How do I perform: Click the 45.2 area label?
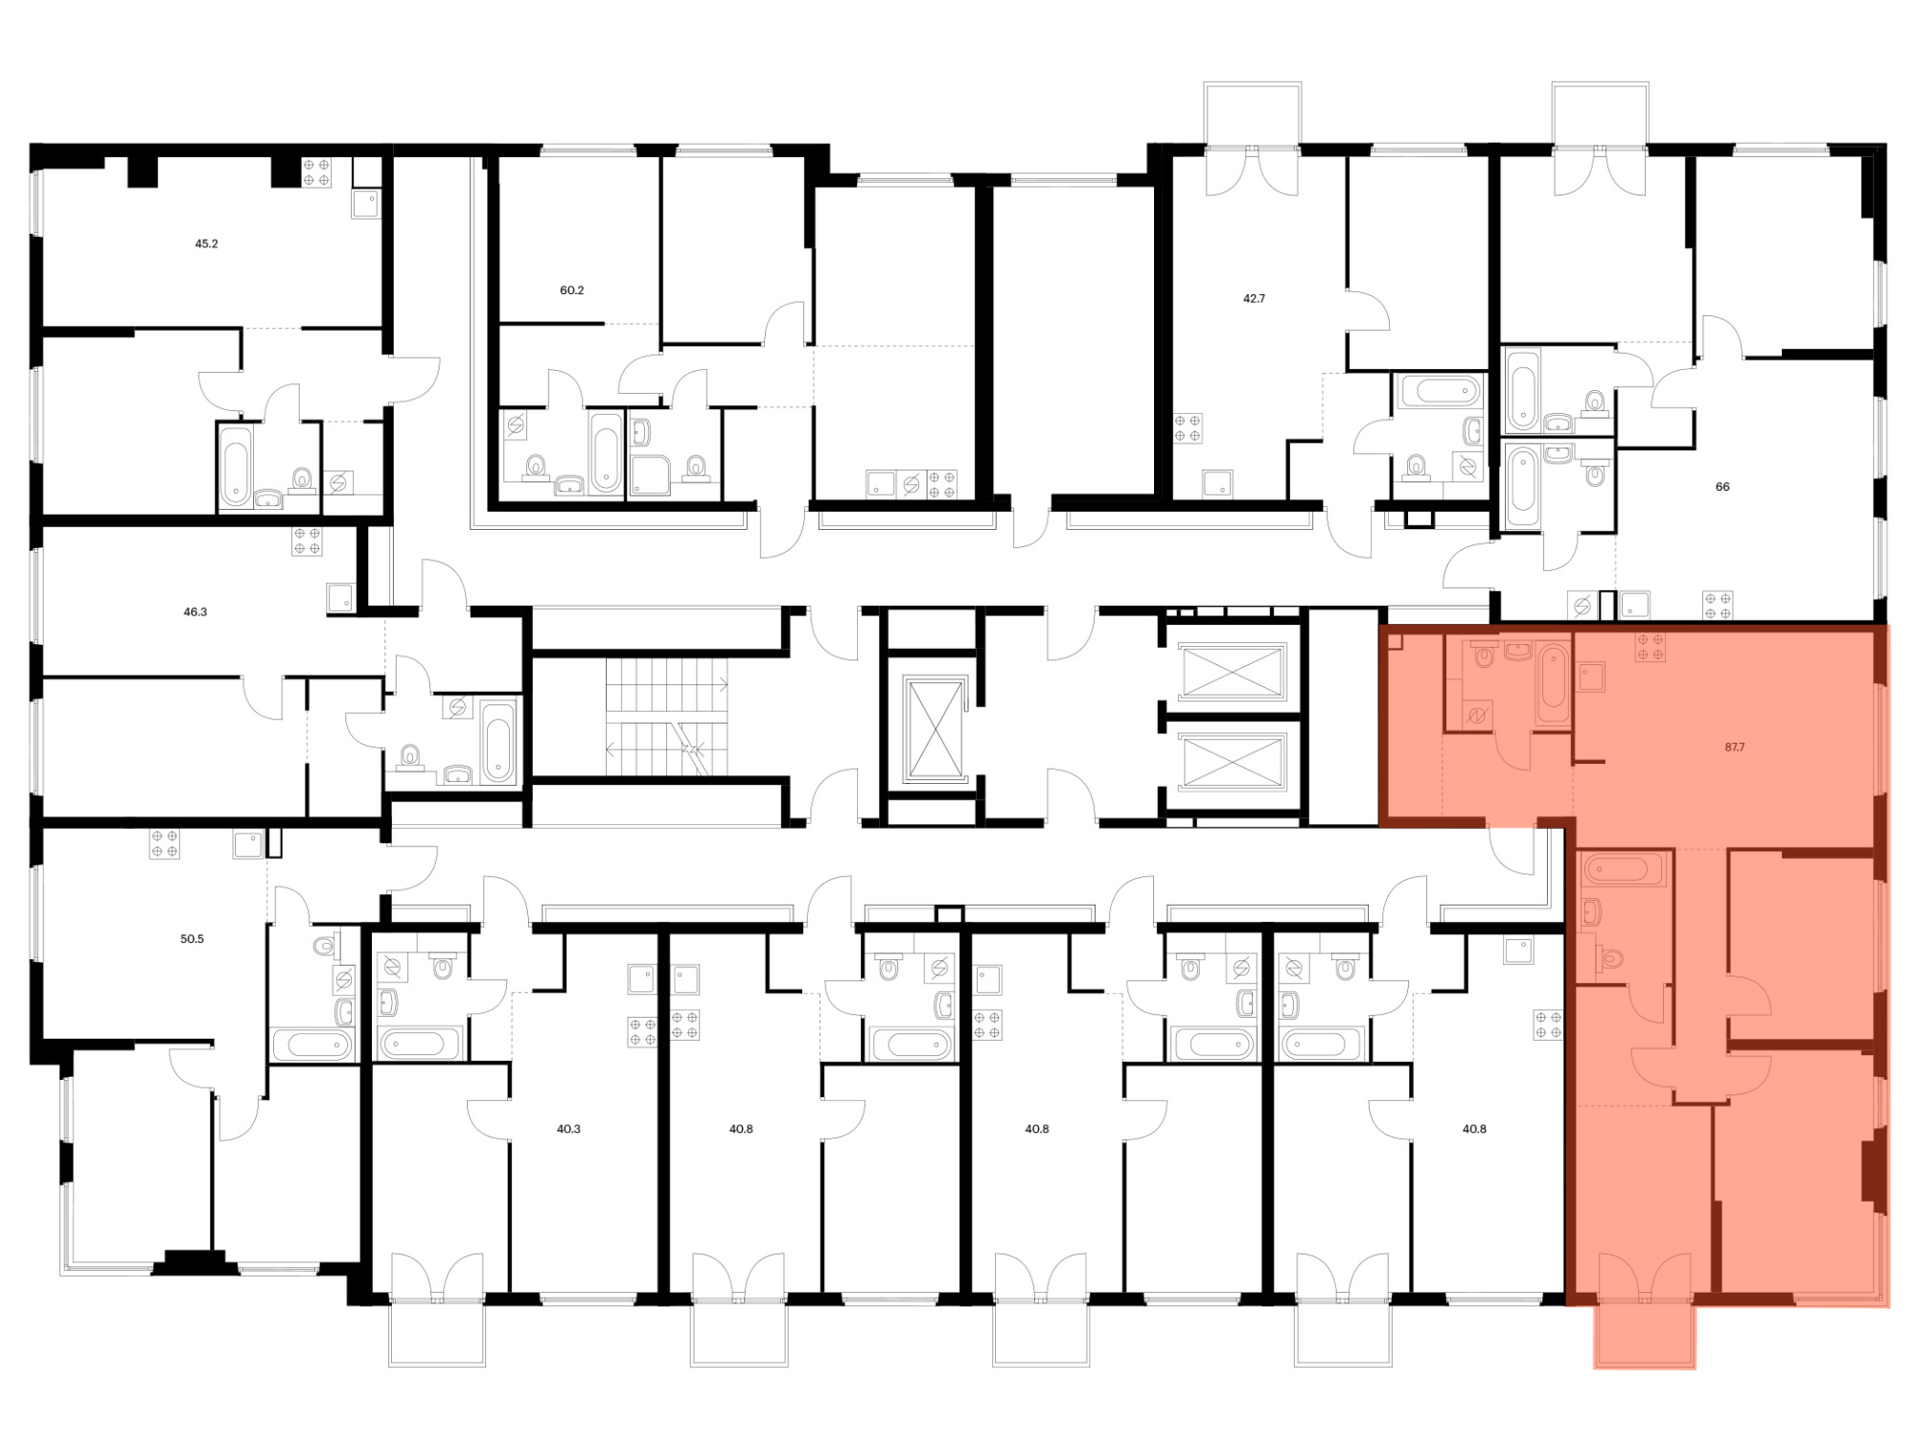click(x=206, y=244)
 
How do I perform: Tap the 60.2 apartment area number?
click(x=571, y=290)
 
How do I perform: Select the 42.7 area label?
click(x=1254, y=299)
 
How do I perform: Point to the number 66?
click(x=1722, y=487)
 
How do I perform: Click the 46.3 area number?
click(x=195, y=611)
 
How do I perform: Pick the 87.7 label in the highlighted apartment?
click(x=1735, y=747)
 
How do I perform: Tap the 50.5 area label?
click(x=192, y=939)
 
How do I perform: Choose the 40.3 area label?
click(x=568, y=1129)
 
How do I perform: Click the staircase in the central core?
click(x=666, y=717)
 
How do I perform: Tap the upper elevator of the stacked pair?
click(x=1232, y=672)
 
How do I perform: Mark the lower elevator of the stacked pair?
click(x=1232, y=763)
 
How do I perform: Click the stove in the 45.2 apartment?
click(x=316, y=172)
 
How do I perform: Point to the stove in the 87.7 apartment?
click(x=1651, y=647)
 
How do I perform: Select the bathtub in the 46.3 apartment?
click(x=498, y=743)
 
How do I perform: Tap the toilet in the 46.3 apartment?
click(x=411, y=757)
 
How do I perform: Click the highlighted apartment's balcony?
click(x=1645, y=1333)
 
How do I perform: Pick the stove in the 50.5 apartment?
click(x=164, y=844)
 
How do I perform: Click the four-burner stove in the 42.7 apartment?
click(x=1188, y=428)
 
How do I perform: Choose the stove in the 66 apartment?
click(x=1718, y=606)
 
